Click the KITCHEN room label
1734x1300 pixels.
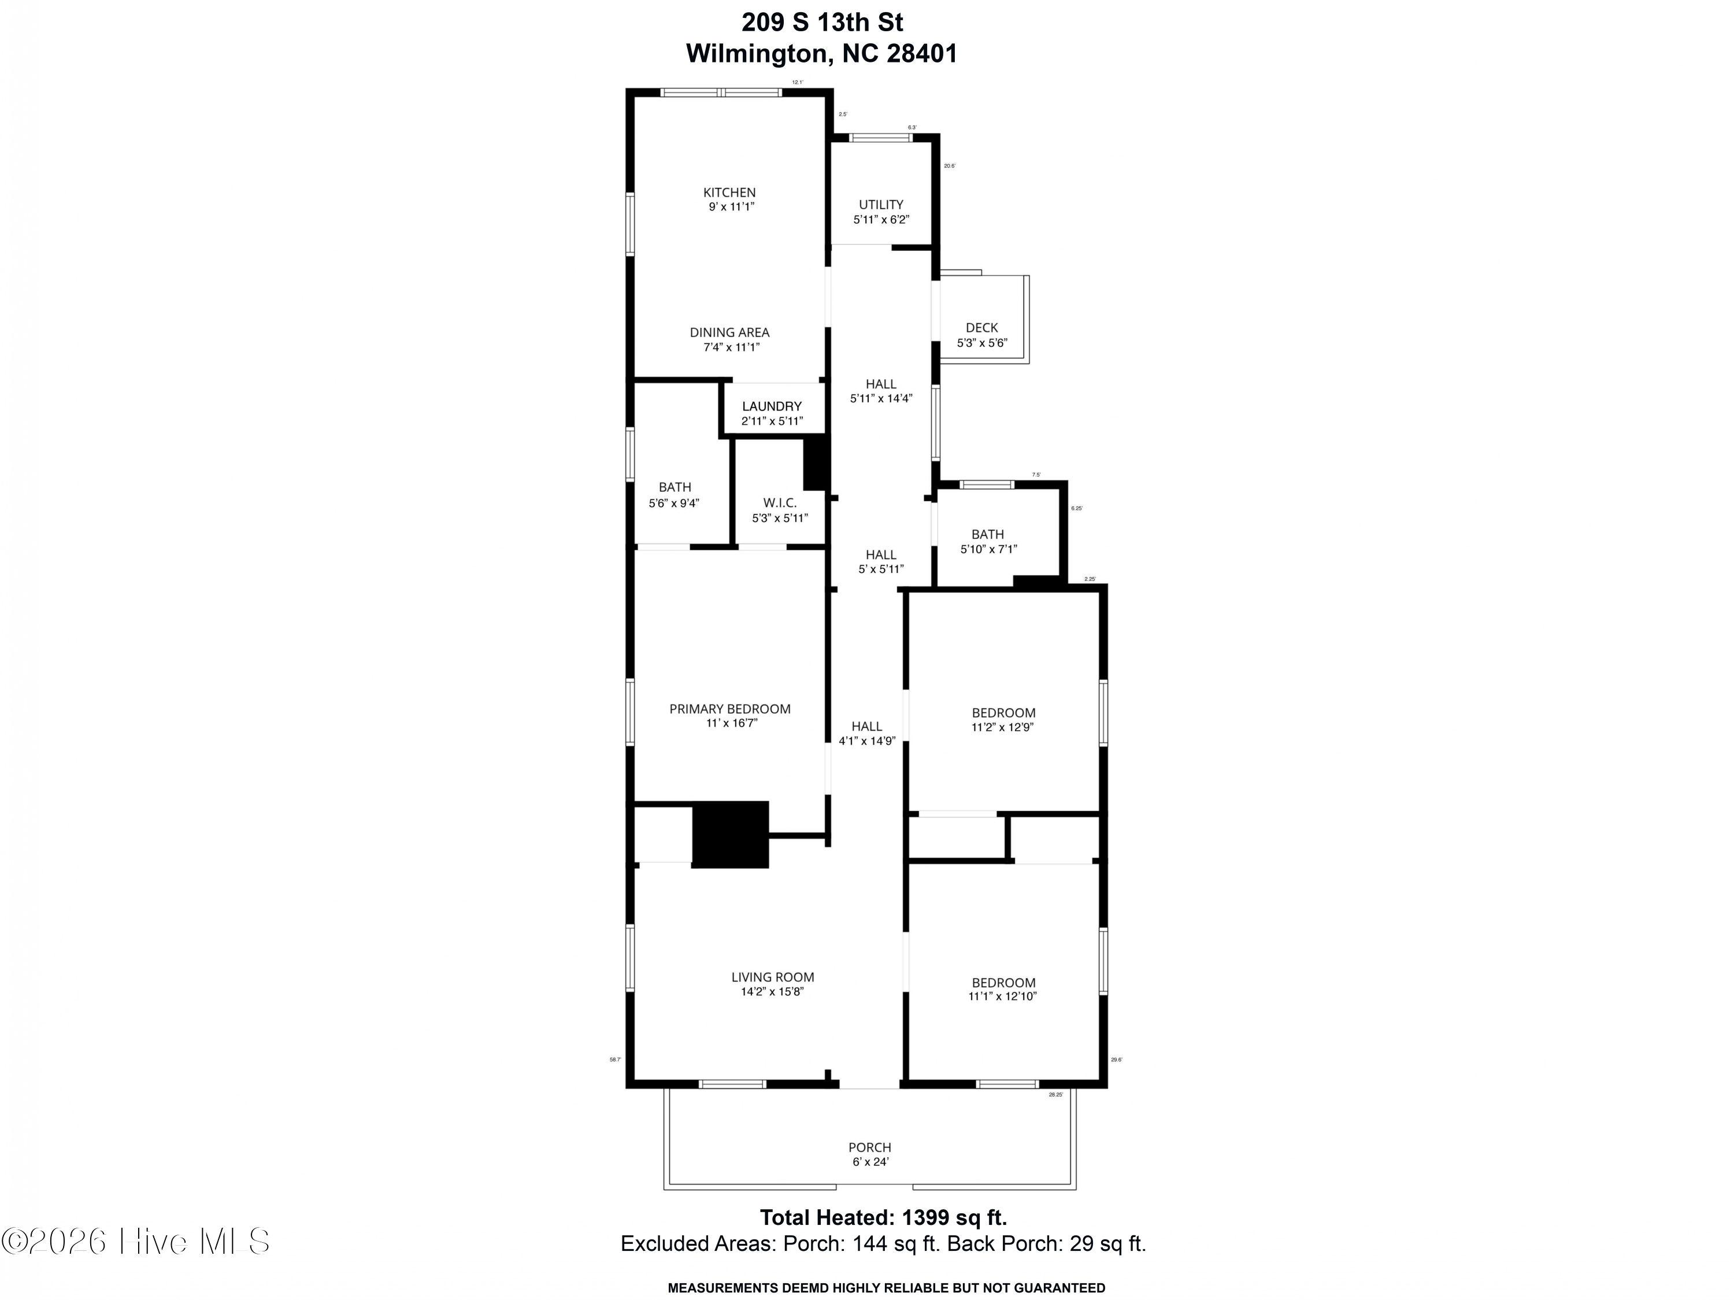tap(729, 192)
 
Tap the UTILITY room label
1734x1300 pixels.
tap(880, 205)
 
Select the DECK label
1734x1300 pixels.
tap(981, 328)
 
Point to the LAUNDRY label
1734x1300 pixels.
tap(772, 406)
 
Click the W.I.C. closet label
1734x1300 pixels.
tap(779, 502)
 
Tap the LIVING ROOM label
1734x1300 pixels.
tap(772, 977)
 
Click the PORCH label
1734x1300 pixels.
tap(869, 1147)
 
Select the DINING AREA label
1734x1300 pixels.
tap(729, 332)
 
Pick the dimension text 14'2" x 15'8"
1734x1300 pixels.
tap(772, 992)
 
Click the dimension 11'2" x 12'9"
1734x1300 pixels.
tap(1003, 728)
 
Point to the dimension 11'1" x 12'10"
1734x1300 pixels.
tap(1003, 997)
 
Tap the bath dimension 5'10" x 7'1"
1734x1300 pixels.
tap(988, 550)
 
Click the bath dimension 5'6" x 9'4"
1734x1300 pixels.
tap(673, 503)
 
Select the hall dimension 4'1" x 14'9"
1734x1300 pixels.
tap(866, 741)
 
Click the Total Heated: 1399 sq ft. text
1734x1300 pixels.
tap(883, 1218)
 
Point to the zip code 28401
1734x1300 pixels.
tap(922, 53)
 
